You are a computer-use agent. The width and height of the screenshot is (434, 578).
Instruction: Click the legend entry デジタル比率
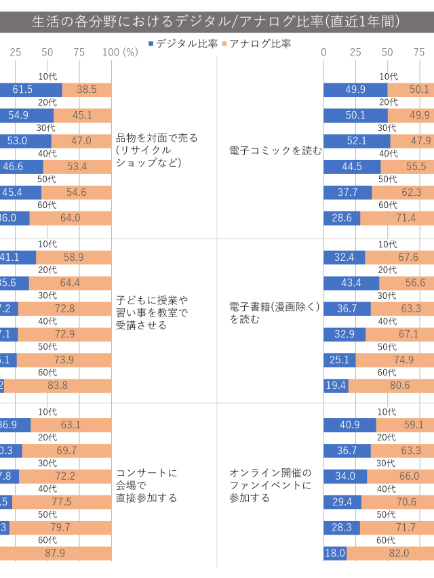[x=182, y=44]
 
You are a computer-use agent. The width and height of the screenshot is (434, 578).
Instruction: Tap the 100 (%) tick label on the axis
[x=120, y=53]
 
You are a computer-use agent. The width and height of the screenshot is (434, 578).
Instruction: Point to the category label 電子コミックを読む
[x=275, y=150]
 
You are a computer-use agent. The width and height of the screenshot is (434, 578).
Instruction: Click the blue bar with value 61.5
[x=31, y=89]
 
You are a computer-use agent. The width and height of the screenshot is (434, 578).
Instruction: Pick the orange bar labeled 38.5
[x=87, y=89]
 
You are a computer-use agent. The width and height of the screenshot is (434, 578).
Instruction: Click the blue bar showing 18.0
[x=335, y=554]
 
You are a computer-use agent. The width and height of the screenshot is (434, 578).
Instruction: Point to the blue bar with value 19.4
[x=336, y=386]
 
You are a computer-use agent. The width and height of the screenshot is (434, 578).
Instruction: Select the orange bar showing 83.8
[x=58, y=386]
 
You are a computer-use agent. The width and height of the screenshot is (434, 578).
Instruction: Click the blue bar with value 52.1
[x=357, y=141]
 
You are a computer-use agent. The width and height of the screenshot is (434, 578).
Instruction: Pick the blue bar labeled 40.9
[x=349, y=425]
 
